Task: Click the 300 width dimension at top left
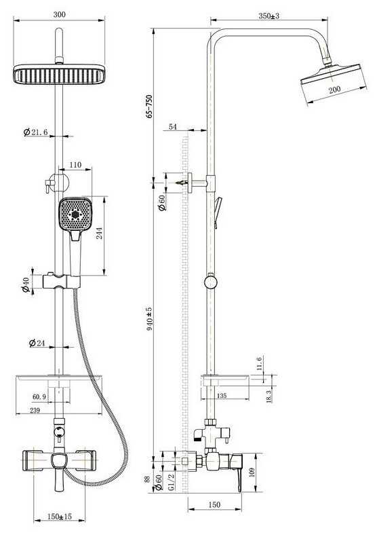tap(59, 14)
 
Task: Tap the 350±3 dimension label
tap(269, 16)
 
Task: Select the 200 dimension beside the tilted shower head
tap(334, 90)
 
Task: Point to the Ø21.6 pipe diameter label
tap(35, 132)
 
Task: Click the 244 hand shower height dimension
tap(100, 233)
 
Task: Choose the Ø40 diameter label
tap(26, 285)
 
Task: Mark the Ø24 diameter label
tap(37, 343)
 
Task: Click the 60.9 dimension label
tap(39, 396)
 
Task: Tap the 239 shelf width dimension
tap(35, 410)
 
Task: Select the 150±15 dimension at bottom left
tap(60, 517)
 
